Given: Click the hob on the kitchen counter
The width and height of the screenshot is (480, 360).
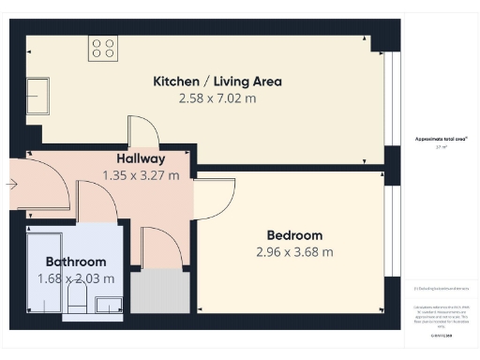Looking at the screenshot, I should pyautogui.click(x=103, y=48).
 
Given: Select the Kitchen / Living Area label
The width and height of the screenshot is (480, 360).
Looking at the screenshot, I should pyautogui.click(x=217, y=82).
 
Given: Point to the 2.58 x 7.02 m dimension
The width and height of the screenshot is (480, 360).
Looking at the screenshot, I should pyautogui.click(x=217, y=97).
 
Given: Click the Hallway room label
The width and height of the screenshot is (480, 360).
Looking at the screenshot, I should pyautogui.click(x=141, y=158).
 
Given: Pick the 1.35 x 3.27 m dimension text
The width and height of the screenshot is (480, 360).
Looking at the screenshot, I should pyautogui.click(x=141, y=174).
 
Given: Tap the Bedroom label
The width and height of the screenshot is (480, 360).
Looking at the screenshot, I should pyautogui.click(x=294, y=235).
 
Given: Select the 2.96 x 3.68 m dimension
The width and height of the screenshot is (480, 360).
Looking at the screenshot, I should pyautogui.click(x=294, y=251).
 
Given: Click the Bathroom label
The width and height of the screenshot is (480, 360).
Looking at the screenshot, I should pyautogui.click(x=76, y=262).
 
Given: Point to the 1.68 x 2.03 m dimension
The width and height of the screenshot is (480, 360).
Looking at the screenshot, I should pyautogui.click(x=76, y=277).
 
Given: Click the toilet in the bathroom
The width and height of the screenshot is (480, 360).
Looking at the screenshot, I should pyautogui.click(x=78, y=301).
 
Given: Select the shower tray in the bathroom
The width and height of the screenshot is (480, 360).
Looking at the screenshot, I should pyautogui.click(x=43, y=272).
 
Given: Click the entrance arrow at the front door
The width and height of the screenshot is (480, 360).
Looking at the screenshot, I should pyautogui.click(x=11, y=185).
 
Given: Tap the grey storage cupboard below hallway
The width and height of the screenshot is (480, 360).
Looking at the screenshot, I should pyautogui.click(x=158, y=292).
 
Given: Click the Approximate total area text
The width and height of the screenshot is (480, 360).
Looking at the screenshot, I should pyautogui.click(x=442, y=142).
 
